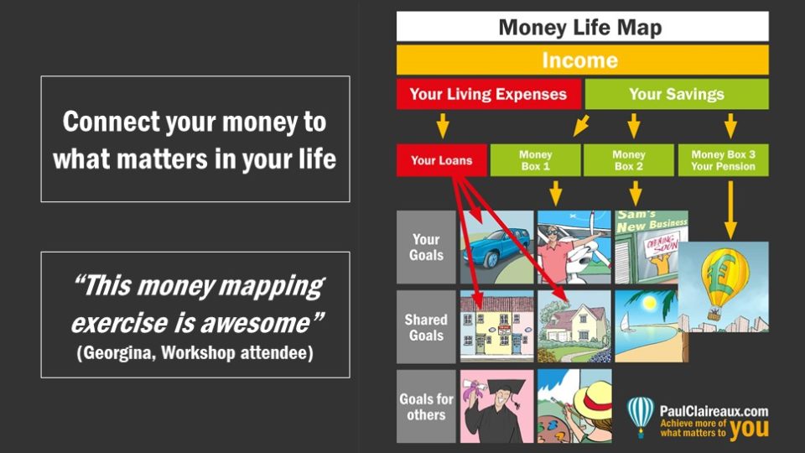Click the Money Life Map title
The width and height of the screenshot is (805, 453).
coord(580,27)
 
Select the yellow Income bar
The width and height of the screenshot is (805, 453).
coord(582,60)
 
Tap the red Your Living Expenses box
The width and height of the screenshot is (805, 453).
coord(488,94)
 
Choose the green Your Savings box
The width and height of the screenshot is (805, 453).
coord(677,94)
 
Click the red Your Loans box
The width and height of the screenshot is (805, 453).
coord(442,160)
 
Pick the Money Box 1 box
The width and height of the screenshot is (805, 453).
coord(536,160)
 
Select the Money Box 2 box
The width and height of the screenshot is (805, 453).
coord(628,160)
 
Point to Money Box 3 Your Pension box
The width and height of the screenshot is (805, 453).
coord(723,160)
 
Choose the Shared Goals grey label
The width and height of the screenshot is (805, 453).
coord(426,326)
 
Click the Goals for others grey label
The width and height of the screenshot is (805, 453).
coord(426,406)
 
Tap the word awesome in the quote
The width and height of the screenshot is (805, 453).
coord(255,323)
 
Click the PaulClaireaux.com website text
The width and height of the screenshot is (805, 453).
coord(714,411)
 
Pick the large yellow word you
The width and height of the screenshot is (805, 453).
coord(749,429)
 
